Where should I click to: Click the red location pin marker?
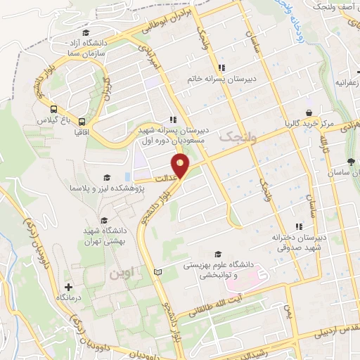(182, 167)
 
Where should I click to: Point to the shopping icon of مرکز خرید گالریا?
(308, 112)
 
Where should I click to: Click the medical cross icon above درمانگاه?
(68, 287)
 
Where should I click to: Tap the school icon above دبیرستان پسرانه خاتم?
(221, 67)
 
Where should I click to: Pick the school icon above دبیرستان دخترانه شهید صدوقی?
(298, 226)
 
